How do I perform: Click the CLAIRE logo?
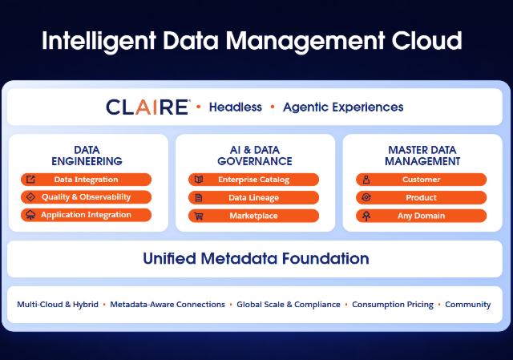147,107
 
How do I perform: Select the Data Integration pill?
86,180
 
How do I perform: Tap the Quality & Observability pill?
86,197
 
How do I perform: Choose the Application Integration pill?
86,215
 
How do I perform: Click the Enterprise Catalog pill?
253,180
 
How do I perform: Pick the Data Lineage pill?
253,198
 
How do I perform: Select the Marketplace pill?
253,216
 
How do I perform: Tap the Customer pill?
421,180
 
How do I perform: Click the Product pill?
421,198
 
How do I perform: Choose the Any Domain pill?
421,216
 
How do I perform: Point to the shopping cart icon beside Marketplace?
199,216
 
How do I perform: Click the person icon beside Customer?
366,180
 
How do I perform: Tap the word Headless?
236,107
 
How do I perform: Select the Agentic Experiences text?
343,107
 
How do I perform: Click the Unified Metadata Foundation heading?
256,258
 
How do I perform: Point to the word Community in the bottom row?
468,305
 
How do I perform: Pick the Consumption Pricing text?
393,305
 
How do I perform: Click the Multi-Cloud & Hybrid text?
58,305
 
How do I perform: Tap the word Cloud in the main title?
426,41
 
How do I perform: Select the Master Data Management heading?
422,156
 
